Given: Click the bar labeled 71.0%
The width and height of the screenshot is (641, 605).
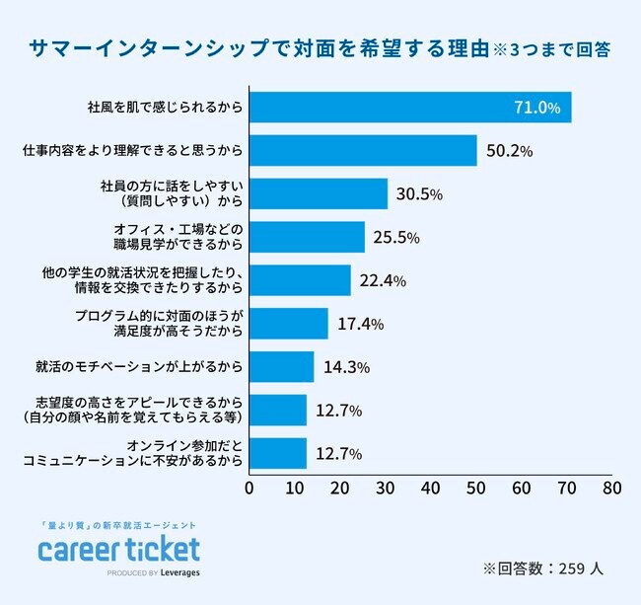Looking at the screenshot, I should tap(409, 107).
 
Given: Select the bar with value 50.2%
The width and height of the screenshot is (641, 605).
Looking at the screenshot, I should tap(362, 150).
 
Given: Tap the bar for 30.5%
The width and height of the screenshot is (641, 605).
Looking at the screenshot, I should tap(318, 193).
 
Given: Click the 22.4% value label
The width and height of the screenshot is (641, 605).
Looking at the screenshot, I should tap(384, 280).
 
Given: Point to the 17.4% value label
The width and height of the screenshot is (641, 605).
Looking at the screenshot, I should tap(360, 324).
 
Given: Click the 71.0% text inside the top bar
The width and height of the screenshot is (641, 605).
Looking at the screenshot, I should tap(536, 107).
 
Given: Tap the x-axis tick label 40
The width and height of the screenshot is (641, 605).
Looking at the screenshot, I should tap(430, 487).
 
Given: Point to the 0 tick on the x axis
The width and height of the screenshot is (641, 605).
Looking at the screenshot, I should tap(249, 487).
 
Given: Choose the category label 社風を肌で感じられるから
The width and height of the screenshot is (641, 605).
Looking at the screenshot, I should tap(164, 107).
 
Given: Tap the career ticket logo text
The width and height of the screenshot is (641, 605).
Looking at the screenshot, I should tap(118, 549).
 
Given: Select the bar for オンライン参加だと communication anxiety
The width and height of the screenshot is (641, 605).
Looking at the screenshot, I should tap(277, 454).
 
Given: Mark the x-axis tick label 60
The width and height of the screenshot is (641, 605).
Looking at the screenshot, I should tap(521, 487).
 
